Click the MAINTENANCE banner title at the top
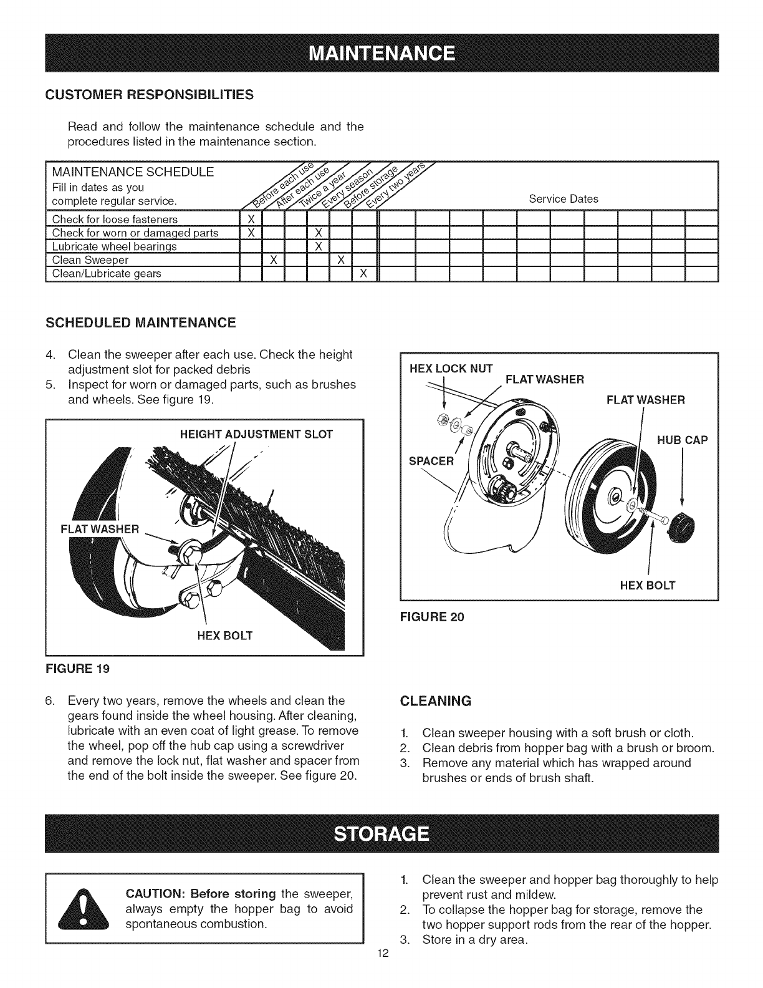(381, 51)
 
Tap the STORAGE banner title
(381, 833)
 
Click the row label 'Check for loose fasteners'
(115, 220)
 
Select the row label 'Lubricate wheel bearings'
(115, 246)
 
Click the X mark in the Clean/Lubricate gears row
(363, 273)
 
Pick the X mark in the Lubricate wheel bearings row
(318, 246)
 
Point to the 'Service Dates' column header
(563, 199)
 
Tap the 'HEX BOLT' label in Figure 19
(225, 636)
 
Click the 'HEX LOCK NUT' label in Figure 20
(451, 368)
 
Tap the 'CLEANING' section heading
(435, 700)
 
